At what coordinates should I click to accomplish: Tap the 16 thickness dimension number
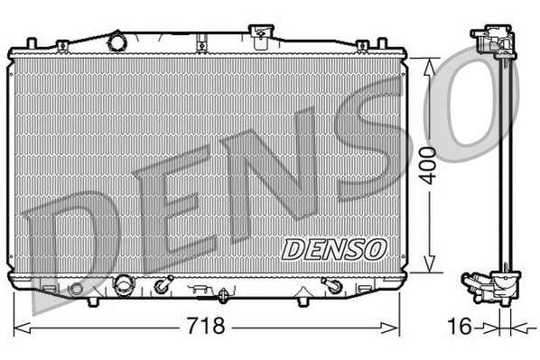point(459,326)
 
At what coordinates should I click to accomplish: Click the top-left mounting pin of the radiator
point(32,42)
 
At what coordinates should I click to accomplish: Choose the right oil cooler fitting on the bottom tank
point(331,287)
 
